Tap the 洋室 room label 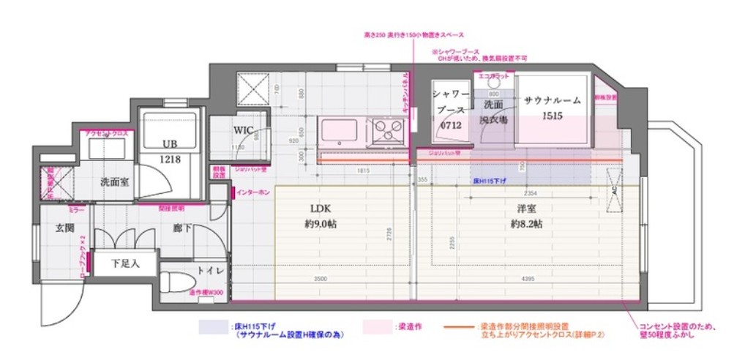click(526, 209)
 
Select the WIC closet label click(244, 130)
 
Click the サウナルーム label click(553, 100)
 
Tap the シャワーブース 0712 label click(450, 110)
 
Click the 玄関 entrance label click(65, 228)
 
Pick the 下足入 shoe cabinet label click(124, 261)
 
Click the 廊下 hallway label click(183, 228)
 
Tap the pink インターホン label click(253, 192)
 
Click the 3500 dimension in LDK click(320, 279)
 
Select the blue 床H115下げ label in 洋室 click(487, 179)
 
